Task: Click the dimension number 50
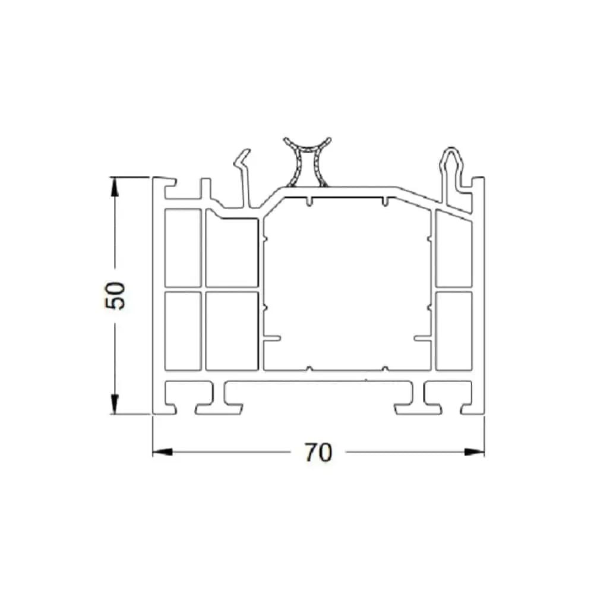[x=115, y=296]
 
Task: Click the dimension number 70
[x=318, y=452]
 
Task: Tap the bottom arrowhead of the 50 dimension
[x=115, y=404]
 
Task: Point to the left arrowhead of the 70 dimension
[x=163, y=452]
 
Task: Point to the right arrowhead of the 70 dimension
[x=474, y=452]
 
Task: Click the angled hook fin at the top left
[x=244, y=178]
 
